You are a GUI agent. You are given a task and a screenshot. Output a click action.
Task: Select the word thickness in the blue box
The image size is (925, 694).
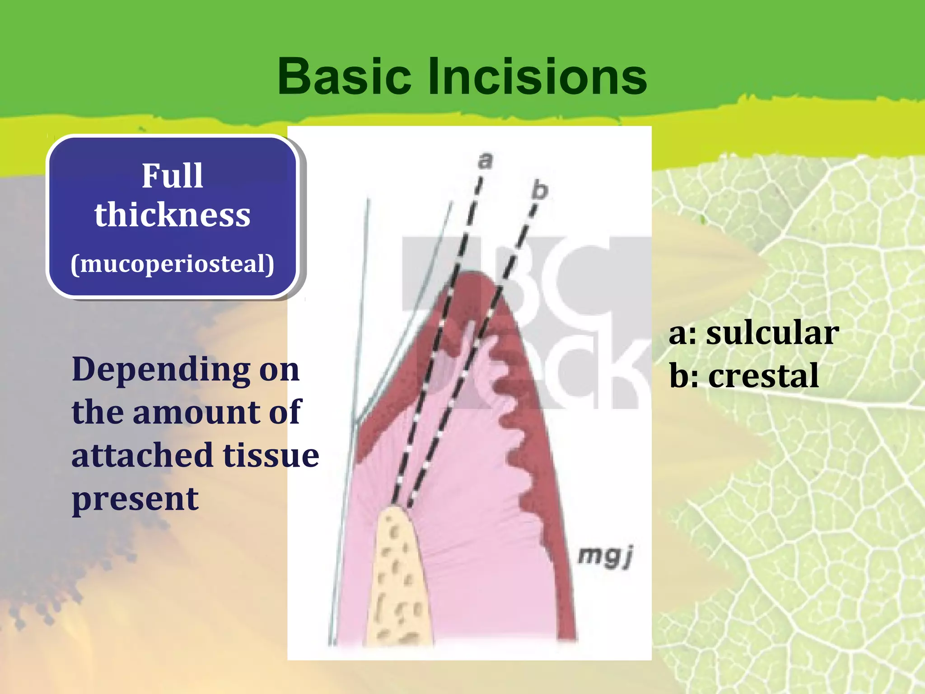172,215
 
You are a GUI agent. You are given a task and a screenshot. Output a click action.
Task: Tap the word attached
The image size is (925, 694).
142,455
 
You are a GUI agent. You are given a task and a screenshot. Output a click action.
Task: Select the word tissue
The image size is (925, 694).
271,455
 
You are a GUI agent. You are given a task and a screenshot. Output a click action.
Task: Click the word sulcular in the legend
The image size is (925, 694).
772,333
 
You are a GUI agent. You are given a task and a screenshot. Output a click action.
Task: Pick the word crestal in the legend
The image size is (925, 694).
763,375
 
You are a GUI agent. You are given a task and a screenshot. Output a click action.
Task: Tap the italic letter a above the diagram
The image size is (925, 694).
485,161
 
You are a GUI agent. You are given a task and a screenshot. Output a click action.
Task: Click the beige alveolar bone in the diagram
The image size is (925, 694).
397,583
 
